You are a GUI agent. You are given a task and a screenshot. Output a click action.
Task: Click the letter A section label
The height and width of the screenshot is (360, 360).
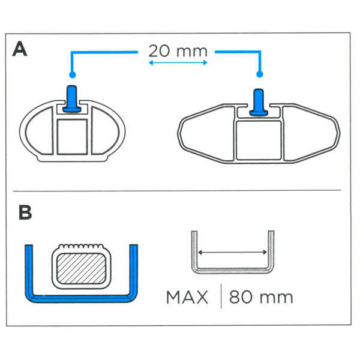click(20, 49)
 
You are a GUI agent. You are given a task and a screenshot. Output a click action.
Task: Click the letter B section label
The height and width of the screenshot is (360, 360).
click(25, 212)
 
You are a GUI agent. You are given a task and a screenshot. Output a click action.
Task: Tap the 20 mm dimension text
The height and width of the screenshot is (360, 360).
click(178, 51)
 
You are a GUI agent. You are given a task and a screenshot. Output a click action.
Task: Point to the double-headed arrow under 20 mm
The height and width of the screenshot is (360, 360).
click(178, 62)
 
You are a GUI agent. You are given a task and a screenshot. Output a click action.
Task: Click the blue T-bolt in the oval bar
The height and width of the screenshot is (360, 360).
click(72, 99)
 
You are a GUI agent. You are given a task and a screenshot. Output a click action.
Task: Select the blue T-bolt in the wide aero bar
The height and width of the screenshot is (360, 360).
click(259, 102)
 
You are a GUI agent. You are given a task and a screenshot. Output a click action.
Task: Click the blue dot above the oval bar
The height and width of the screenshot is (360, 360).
click(73, 74)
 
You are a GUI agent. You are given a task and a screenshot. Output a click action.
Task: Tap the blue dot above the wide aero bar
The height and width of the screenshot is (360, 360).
click(260, 74)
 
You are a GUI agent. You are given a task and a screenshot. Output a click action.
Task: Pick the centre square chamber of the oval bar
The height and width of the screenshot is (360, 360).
click(73, 137)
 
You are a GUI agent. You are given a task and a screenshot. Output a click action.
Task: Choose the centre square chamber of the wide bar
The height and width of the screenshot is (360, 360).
click(259, 140)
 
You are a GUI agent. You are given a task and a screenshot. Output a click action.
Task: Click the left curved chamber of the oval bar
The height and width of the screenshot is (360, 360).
click(39, 131)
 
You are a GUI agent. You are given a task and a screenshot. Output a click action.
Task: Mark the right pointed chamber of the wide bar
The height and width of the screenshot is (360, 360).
click(311, 133)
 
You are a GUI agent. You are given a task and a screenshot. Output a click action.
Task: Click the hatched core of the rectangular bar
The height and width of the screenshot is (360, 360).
click(81, 268)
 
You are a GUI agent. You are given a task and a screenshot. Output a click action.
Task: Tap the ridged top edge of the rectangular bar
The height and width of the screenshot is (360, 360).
click(81, 246)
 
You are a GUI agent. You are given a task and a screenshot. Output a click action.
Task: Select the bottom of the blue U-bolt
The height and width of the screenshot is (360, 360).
click(81, 298)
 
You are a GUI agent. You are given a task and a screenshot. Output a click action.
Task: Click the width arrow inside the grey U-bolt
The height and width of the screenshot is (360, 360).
click(232, 253)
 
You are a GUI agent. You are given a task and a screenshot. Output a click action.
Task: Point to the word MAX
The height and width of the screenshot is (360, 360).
click(187, 298)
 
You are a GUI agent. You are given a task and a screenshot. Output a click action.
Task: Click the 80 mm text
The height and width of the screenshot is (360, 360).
click(261, 297)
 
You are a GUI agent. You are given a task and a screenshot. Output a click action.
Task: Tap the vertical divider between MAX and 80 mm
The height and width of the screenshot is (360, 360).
click(221, 296)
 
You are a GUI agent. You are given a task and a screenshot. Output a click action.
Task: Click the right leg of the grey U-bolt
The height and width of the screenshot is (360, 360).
click(271, 250)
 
